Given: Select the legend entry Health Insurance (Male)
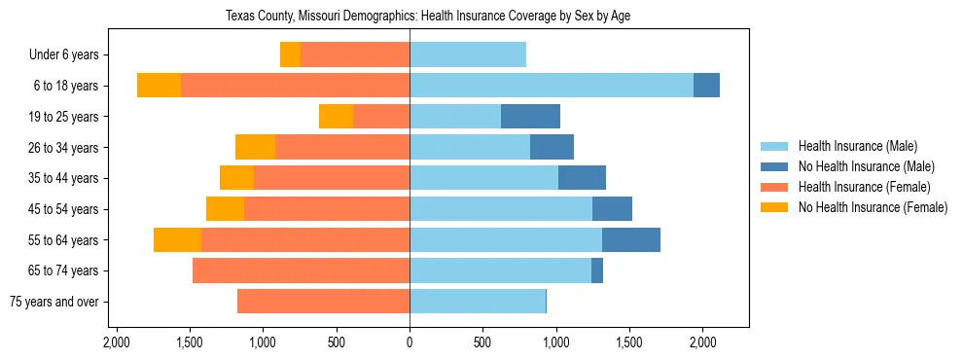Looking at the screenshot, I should (857, 147).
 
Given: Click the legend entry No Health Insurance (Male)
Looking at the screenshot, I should (866, 167).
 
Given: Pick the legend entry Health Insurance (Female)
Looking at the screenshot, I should (864, 187).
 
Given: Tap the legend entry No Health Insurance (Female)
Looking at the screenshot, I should (873, 207).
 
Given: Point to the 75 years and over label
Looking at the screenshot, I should (53, 302).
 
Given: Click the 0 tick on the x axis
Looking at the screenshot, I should (410, 342).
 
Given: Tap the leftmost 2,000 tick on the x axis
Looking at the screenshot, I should (116, 342).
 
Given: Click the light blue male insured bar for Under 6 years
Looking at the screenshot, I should (468, 54).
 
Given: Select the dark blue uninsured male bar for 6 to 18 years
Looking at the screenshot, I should (706, 86).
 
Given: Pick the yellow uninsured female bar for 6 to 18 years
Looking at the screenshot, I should (159, 86).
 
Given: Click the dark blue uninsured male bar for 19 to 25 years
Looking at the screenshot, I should (530, 117).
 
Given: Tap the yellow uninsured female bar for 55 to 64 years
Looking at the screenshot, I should (177, 239).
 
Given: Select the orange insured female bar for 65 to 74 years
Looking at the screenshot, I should (301, 270).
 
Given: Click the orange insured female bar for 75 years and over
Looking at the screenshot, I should (323, 302).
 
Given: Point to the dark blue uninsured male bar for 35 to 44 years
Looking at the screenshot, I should (582, 178).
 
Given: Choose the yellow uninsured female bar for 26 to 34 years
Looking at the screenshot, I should (255, 147).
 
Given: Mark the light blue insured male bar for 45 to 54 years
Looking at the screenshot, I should (501, 209).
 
